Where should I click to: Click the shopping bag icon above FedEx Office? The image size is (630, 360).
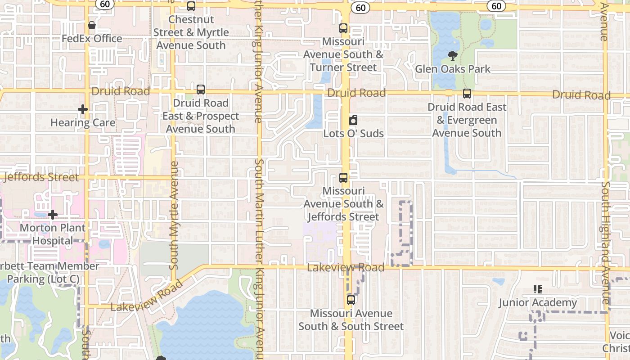coord(92,25)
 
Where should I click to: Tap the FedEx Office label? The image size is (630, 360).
coord(92,39)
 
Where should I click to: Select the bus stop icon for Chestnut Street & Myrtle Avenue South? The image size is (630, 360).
coord(191,6)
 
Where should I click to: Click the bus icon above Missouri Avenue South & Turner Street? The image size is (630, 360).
coord(343,28)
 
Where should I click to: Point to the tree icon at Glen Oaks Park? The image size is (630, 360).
coord(453,56)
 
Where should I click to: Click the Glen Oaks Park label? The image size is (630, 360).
coord(453,69)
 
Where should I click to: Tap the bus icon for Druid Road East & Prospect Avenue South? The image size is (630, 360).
coord(201,90)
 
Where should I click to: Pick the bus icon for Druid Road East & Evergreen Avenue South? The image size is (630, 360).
coord(467,94)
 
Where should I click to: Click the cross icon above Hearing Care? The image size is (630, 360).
coord(82,109)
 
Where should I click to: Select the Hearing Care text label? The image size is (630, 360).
coord(83,122)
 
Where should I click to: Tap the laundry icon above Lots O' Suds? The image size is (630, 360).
coord(353,120)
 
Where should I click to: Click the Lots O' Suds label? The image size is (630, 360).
coord(354,134)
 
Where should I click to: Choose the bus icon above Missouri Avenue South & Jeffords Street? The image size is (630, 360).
coord(343,178)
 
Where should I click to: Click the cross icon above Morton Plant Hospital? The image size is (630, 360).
coord(53,215)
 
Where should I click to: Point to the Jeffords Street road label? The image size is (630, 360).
coord(41,177)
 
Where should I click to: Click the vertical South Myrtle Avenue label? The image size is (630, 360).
coord(174,215)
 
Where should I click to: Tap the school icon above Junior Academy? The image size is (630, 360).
coord(537,289)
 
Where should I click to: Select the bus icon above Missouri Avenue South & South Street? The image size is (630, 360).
coord(351,300)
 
